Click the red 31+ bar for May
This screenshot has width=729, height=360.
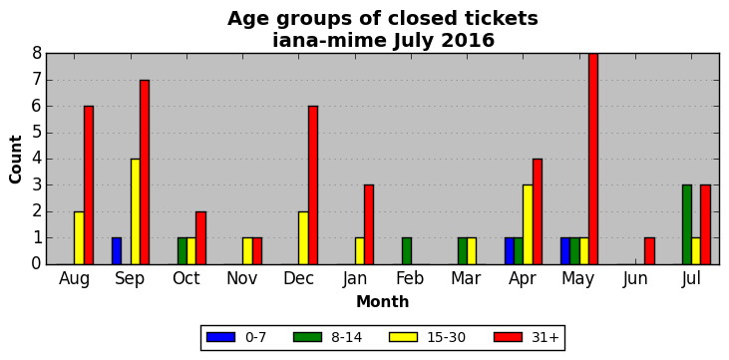593,159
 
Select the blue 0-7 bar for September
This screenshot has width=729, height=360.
117,251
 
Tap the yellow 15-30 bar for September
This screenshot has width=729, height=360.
136,211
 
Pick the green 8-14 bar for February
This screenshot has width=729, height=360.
406,251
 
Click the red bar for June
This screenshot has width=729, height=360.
649,251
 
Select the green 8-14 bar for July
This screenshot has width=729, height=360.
687,224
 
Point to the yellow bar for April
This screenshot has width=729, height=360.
528,224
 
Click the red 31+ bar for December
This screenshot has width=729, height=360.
313,185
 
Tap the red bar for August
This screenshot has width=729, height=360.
89,185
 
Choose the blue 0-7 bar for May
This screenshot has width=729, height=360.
565,251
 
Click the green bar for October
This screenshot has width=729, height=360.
182,251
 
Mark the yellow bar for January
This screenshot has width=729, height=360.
359,251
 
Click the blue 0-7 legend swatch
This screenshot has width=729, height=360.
220,337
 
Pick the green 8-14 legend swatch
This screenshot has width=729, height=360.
307,337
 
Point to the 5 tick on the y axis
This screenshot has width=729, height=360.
37,133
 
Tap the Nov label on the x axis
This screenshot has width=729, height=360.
241,278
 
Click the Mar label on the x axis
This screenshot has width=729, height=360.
466,278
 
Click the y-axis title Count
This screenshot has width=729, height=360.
15,160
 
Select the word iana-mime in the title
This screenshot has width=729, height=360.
329,41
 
